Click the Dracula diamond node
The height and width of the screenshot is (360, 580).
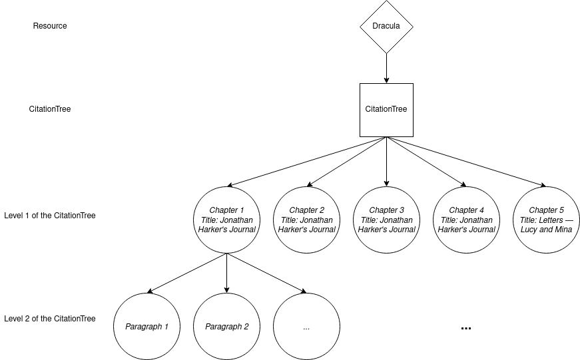[x=386, y=27]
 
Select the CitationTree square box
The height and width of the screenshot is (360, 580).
[x=386, y=110]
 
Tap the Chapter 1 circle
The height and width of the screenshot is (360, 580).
[x=227, y=220]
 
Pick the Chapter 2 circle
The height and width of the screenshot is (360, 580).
[x=307, y=220]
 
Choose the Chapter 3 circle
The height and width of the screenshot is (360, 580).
[x=387, y=220]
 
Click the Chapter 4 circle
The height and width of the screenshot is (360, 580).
[x=467, y=220]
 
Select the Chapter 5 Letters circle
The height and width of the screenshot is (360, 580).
[x=547, y=220]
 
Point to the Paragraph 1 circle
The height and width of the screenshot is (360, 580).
[x=147, y=326]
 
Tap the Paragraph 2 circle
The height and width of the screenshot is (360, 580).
[x=227, y=326]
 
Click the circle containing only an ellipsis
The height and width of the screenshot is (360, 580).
[x=306, y=326]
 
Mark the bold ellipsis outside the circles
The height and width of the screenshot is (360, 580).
[x=466, y=327]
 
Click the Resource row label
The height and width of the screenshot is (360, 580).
[x=50, y=26]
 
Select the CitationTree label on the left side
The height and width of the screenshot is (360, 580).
[x=50, y=109]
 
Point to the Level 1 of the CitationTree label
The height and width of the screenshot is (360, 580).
[x=50, y=216]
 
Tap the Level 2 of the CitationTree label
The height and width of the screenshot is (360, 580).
[x=50, y=319]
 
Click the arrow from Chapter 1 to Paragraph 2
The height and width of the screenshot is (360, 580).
[x=227, y=273]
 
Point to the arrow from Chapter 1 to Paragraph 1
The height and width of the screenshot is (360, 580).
[x=187, y=273]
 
